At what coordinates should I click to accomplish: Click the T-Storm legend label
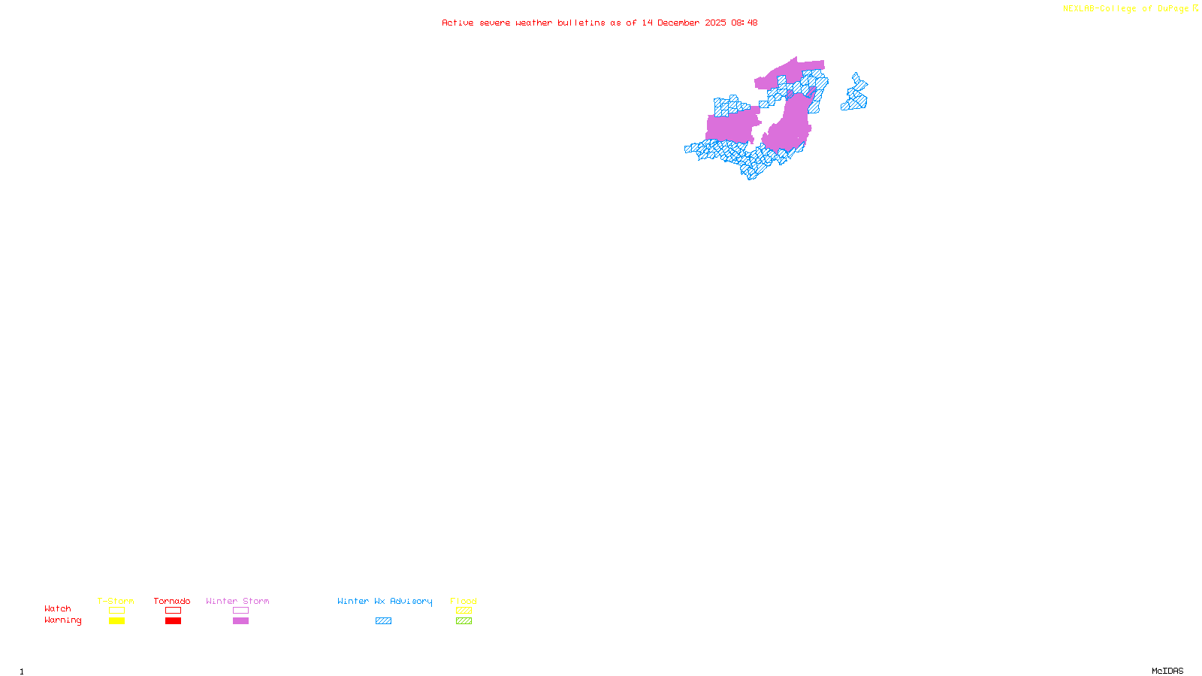pos(116,601)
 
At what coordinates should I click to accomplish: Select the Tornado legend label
pos(172,601)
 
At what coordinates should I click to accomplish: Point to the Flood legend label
pos(464,601)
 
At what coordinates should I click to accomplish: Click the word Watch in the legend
pos(58,608)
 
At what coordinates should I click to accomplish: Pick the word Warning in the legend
pos(63,620)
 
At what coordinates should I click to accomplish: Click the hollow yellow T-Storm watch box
pos(116,611)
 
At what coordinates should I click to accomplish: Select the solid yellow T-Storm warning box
pos(116,621)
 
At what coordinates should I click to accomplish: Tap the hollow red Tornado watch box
pos(173,611)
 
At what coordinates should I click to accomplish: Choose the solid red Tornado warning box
pos(173,621)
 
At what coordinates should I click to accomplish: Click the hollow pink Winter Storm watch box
pos(240,611)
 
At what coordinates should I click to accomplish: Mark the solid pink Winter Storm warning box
pos(240,621)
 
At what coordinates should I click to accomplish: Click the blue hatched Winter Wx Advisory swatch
pos(383,621)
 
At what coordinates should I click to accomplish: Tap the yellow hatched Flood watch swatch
pos(464,611)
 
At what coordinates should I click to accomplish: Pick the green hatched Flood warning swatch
pos(464,621)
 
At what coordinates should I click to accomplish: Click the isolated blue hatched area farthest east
pos(855,96)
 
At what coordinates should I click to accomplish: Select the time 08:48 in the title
pos(744,23)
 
